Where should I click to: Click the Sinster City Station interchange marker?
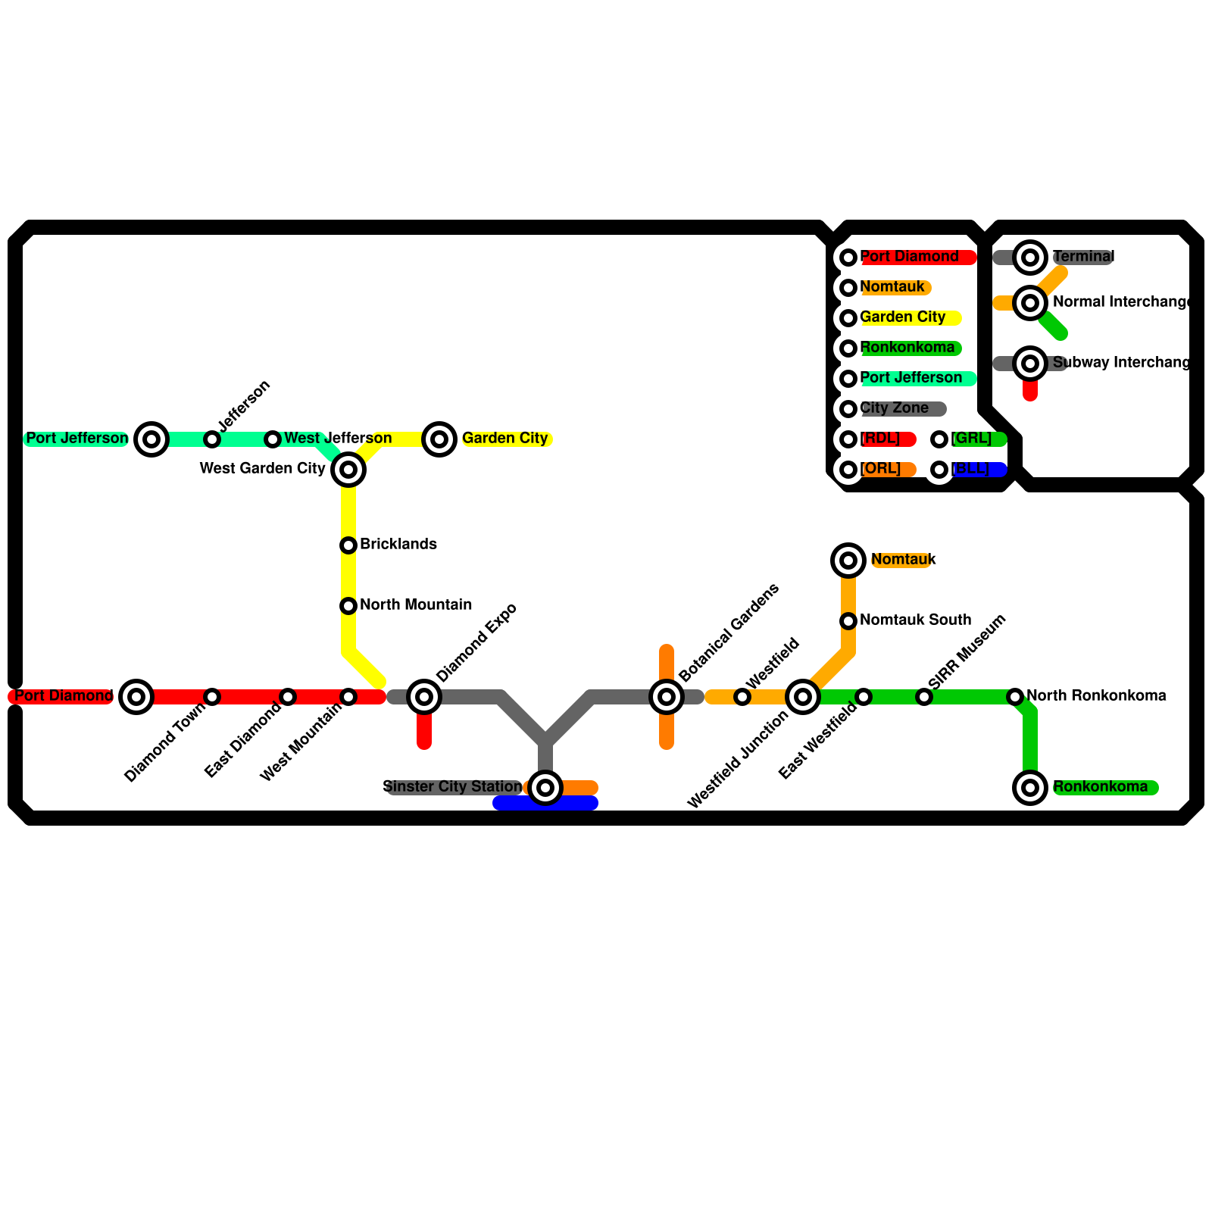[545, 788]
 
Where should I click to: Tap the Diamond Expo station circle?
[424, 697]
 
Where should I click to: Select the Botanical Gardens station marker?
[667, 697]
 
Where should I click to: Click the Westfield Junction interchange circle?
[803, 697]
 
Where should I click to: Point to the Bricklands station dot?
[348, 545]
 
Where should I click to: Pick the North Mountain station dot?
[348, 606]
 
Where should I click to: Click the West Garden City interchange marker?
[348, 470]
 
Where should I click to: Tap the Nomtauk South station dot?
[848, 621]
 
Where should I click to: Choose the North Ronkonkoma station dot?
[1015, 697]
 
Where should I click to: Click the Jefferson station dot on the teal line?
[212, 439]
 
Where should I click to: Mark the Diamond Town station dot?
[212, 697]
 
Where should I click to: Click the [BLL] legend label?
[971, 469]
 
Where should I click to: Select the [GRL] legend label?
[972, 439]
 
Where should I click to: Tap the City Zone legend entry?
[895, 408]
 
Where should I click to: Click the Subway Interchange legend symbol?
[1030, 364]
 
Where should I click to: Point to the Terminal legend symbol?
[1030, 258]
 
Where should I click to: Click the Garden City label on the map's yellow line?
[504, 439]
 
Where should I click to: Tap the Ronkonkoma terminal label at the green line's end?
[1100, 787]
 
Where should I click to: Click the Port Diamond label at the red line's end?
[64, 696]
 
